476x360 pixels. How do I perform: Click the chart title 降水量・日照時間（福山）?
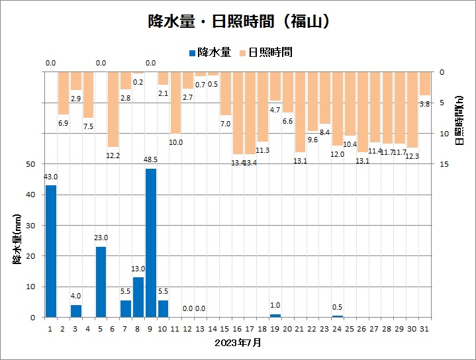pos(238,21)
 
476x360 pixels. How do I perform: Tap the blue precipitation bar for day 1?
pos(51,251)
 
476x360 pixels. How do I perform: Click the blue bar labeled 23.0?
pos(101,281)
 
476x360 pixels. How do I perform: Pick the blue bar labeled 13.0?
pos(138,297)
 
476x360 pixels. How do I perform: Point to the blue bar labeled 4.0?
pos(76,311)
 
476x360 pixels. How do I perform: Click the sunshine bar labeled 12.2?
pos(113,109)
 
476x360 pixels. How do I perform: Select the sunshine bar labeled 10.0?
pos(175,103)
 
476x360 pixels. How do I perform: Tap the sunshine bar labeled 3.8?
pos(424,83)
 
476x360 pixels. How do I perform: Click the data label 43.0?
pos(51,177)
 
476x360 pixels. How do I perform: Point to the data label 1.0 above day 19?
pos(275,305)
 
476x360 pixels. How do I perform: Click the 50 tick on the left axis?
pos(31,164)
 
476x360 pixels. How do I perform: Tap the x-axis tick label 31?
pos(424,328)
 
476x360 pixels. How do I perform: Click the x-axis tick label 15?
pos(225,328)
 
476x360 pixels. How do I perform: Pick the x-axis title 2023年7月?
pos(238,343)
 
